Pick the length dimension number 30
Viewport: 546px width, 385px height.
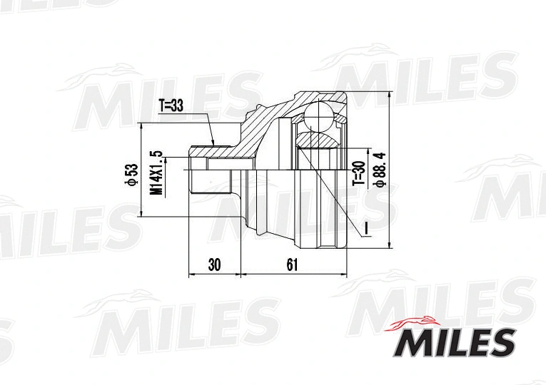point(214,265)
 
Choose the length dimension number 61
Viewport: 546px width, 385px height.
point(292,265)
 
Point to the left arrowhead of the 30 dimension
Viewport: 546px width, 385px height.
point(190,274)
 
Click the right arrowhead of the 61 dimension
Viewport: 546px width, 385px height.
point(345,274)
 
